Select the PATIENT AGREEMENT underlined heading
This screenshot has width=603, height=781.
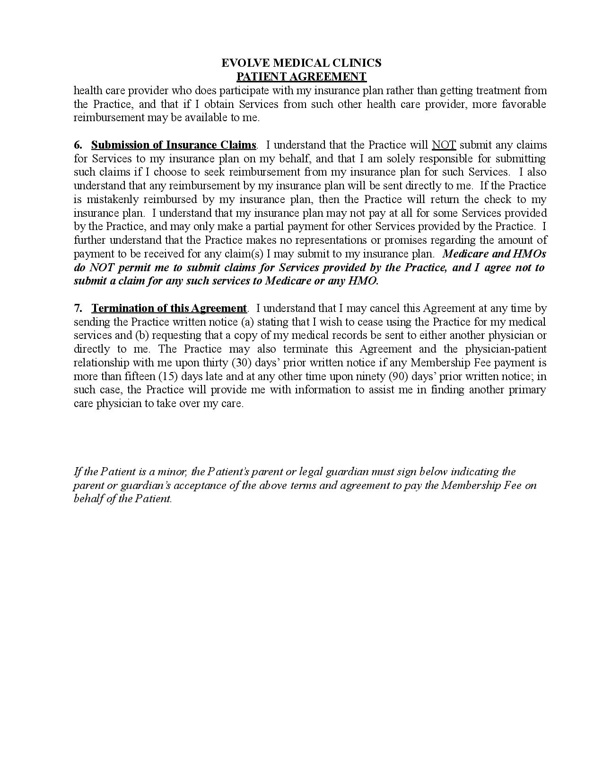point(301,77)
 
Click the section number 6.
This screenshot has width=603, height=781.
point(78,145)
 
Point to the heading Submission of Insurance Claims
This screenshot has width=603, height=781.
point(174,145)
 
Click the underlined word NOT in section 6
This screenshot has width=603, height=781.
point(444,145)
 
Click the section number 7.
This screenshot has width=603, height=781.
point(78,308)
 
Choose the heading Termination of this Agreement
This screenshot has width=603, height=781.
point(169,308)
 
